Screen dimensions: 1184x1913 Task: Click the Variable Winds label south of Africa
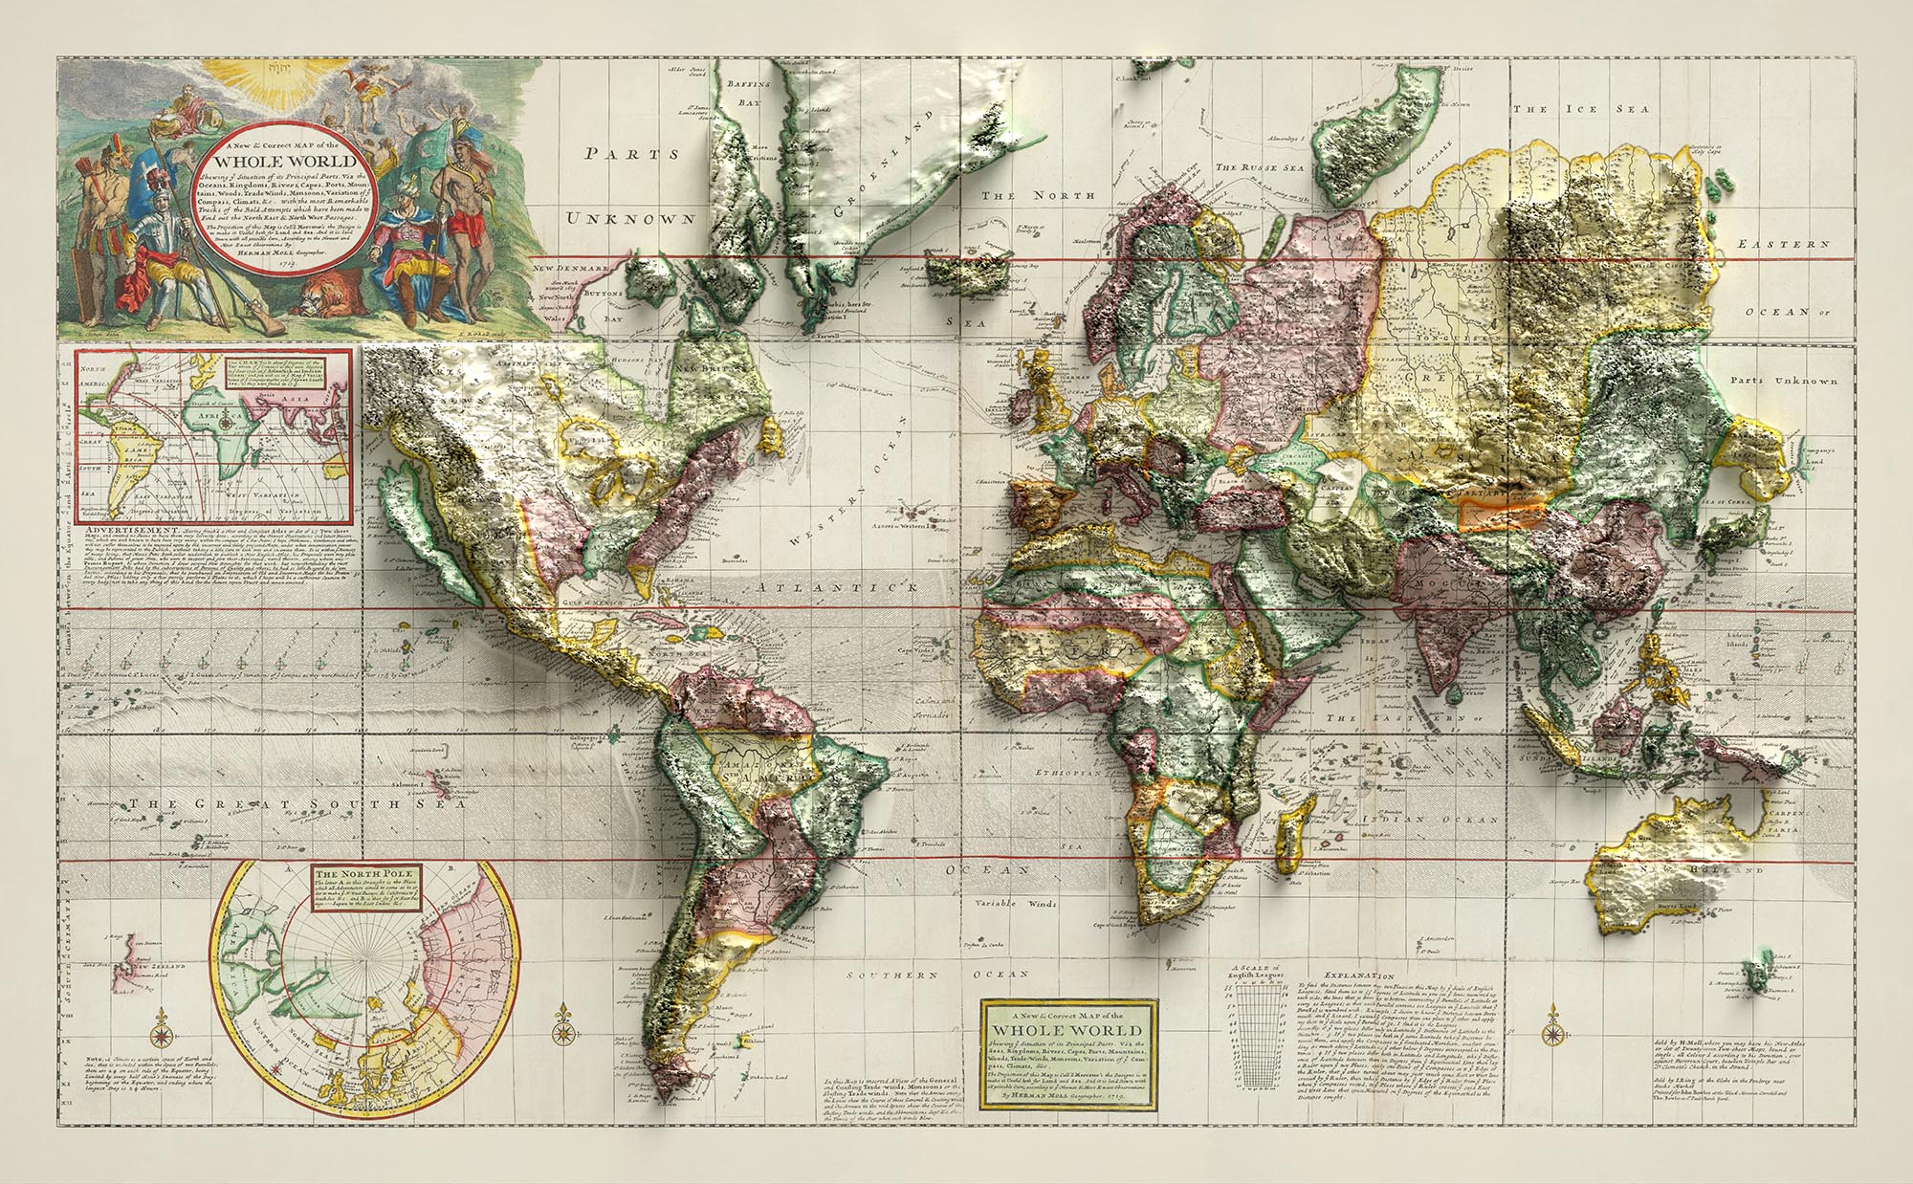[x=1015, y=904]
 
